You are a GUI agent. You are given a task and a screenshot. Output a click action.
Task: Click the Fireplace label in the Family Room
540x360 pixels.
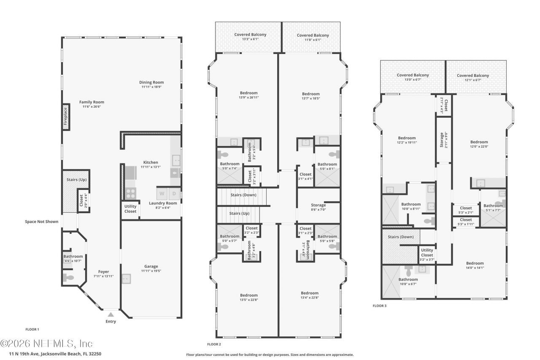tap(66, 117)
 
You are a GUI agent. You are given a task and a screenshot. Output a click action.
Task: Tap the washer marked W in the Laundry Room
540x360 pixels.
tap(162, 194)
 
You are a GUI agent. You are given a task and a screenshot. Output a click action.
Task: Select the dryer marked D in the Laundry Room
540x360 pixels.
tap(174, 194)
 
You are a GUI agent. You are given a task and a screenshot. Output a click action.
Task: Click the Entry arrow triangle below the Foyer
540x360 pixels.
tap(111, 314)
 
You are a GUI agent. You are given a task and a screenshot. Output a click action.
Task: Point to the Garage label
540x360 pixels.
tap(151, 266)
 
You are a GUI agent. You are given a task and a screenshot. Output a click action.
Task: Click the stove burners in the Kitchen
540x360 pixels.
tap(130, 193)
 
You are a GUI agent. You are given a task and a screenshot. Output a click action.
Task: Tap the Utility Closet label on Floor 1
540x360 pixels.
tap(130, 209)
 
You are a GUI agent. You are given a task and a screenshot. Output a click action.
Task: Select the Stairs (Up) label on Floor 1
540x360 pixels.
tap(76, 180)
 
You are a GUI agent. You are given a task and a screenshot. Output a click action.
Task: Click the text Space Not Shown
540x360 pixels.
tap(41, 221)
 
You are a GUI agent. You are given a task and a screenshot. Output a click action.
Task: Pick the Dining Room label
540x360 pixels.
tap(151, 82)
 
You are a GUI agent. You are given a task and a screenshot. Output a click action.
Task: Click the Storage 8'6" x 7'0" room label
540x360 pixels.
tap(319, 205)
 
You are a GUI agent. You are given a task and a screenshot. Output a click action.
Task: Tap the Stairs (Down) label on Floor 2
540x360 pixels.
tap(243, 195)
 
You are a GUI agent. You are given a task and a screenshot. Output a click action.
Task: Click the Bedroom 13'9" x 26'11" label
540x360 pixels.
tap(248, 93)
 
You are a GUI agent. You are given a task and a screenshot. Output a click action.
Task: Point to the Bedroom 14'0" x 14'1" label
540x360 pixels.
tap(475, 263)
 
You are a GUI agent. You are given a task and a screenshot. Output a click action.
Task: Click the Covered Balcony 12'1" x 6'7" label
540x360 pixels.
tap(473, 76)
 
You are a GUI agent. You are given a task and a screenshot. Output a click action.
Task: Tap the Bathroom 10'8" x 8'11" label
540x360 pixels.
tap(410, 204)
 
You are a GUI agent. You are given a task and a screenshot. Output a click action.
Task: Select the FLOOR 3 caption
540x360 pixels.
tap(379, 306)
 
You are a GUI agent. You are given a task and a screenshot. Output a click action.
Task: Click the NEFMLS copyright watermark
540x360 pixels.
tap(46, 343)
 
